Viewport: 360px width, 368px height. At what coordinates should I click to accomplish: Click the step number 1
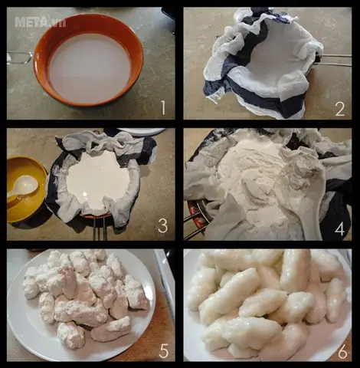coord(163,107)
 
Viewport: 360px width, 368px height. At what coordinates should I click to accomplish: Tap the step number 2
coord(340,108)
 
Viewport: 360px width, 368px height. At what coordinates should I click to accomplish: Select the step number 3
coord(162,225)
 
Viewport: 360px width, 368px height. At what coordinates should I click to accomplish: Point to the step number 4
coord(340,228)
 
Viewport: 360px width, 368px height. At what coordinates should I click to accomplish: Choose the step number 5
coord(163,350)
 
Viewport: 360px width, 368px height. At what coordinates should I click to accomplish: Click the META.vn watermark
coord(41,22)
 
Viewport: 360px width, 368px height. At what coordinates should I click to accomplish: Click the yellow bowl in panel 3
coord(25,189)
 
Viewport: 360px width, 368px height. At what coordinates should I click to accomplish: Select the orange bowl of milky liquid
coord(89,60)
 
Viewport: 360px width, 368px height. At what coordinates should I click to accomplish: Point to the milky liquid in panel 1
coord(90,67)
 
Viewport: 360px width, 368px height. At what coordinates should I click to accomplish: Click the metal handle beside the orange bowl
coord(19,58)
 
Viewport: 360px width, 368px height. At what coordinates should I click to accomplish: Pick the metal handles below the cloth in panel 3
coord(100,228)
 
